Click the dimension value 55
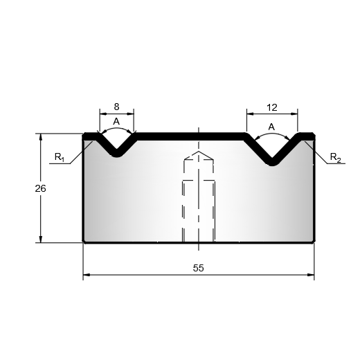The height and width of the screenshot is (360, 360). click(198, 268)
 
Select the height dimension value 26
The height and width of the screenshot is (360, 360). click(40, 188)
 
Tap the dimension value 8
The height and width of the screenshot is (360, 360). click(116, 107)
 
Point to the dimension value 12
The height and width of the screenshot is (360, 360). click(272, 107)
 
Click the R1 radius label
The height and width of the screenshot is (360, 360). click(60, 157)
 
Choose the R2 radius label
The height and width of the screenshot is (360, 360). click(335, 157)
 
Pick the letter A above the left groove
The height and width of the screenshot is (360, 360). click(116, 121)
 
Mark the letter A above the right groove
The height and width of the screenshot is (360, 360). click(271, 127)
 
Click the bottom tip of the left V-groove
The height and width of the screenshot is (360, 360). click(117, 156)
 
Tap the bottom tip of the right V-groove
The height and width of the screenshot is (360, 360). click(273, 165)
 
